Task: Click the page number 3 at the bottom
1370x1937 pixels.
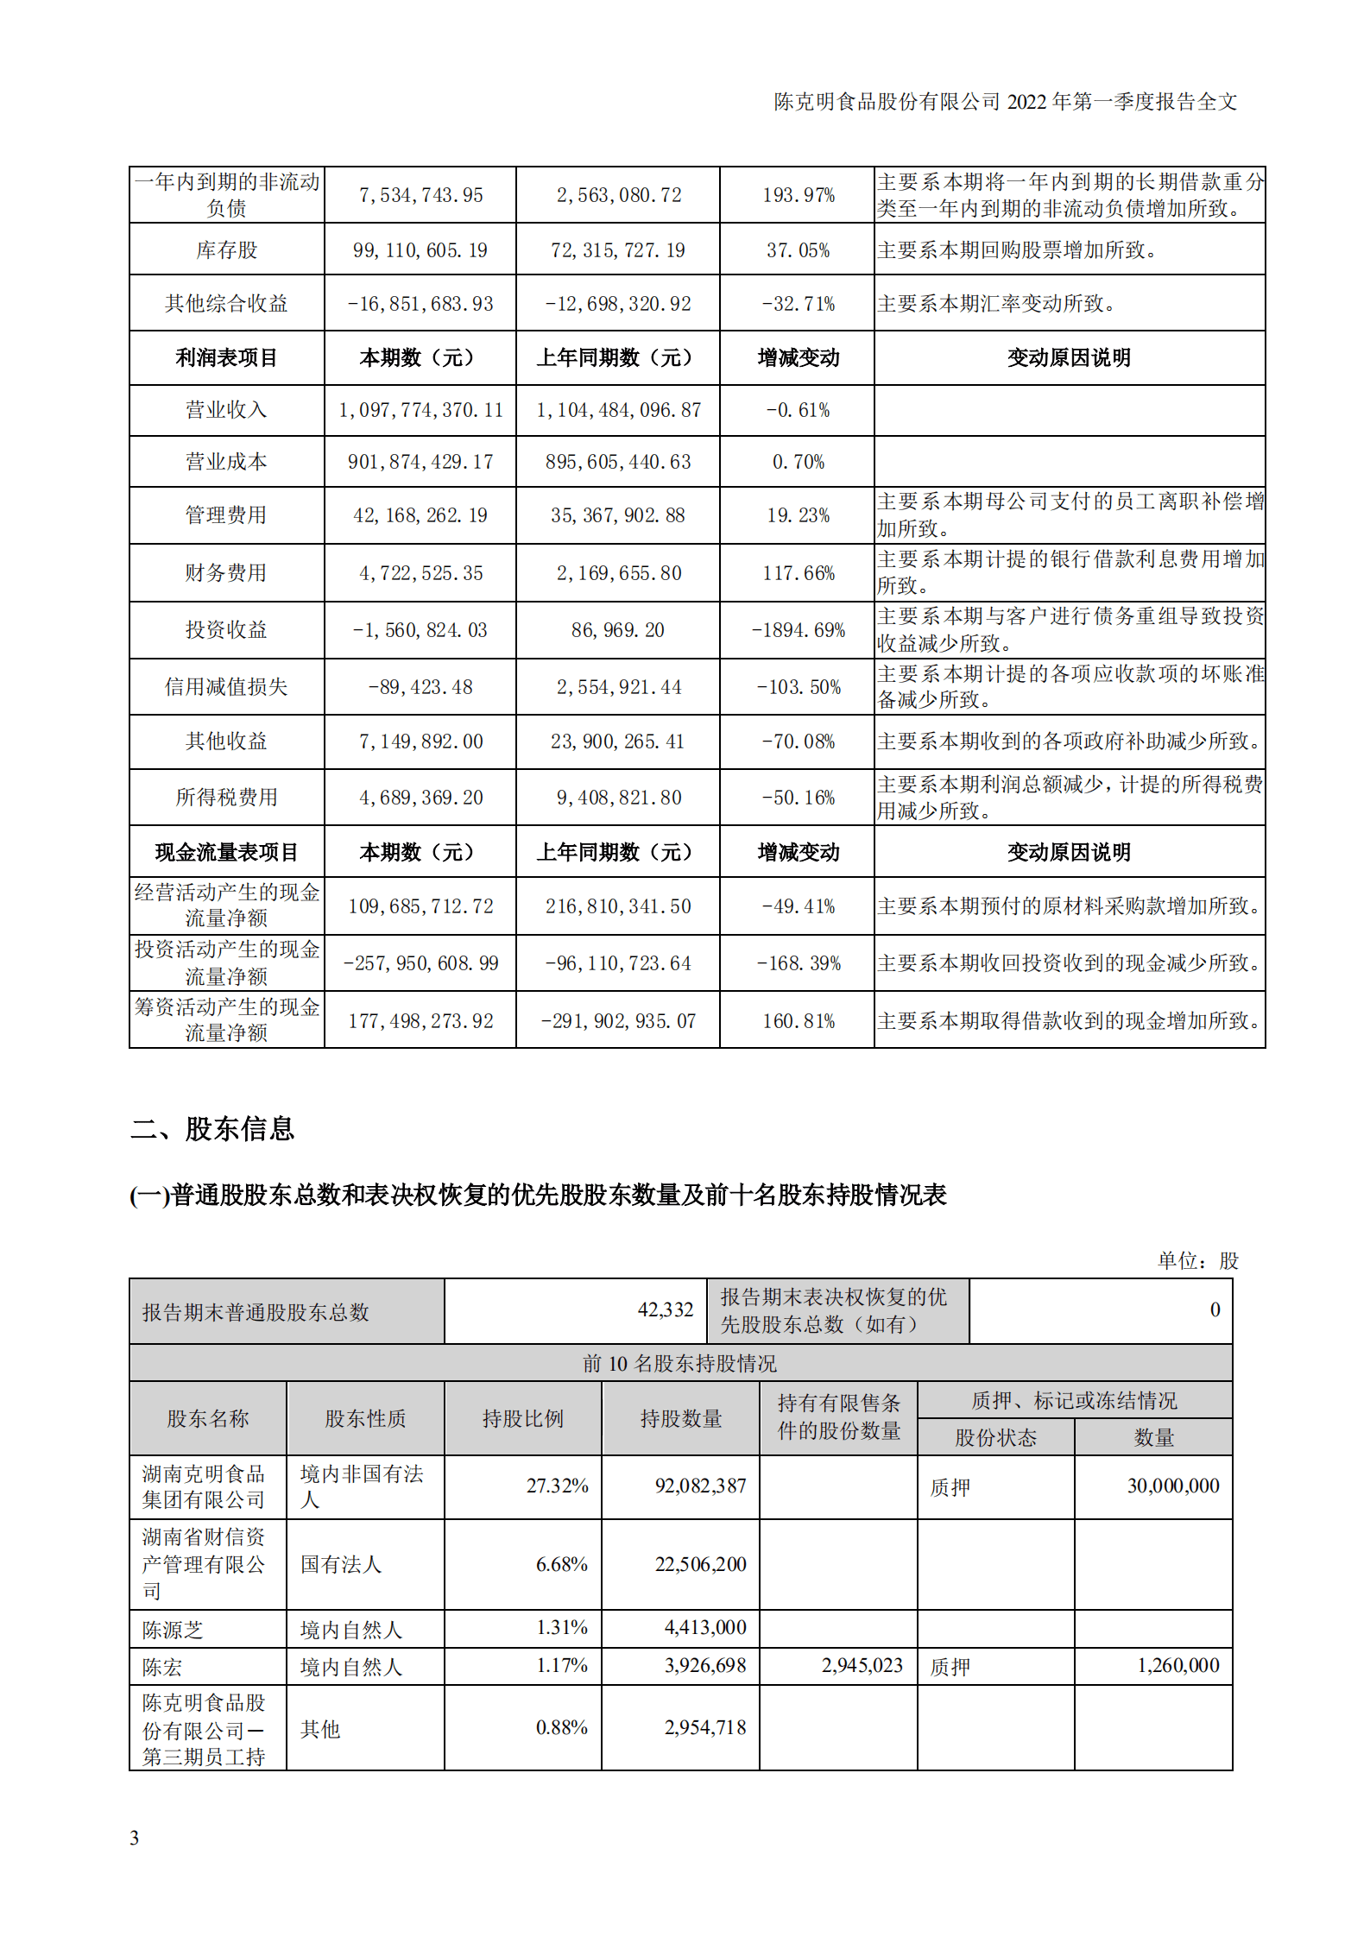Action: coord(135,1838)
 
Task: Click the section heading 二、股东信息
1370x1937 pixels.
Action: coord(212,1128)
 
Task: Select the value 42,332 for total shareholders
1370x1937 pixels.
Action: coord(665,1310)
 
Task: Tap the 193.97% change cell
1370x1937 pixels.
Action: coord(798,195)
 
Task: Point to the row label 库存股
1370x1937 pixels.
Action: coord(226,250)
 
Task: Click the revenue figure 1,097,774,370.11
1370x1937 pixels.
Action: coord(420,410)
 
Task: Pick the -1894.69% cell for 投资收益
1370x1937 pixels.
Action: coord(798,630)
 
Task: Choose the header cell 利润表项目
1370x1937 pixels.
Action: coord(226,357)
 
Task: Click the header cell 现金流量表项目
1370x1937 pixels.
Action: coord(226,852)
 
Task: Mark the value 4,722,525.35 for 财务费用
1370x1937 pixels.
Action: coord(420,573)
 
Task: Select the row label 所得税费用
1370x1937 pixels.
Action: coord(226,797)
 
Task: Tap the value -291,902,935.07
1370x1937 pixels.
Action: coord(617,1021)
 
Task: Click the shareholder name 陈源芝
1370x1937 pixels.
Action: coord(173,1630)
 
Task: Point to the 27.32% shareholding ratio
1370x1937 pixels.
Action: coord(557,1486)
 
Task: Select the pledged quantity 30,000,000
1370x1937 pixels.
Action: coord(1172,1486)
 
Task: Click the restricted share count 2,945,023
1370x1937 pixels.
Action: coord(862,1665)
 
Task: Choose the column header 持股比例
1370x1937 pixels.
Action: coord(522,1418)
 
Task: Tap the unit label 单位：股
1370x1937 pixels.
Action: coord(1197,1261)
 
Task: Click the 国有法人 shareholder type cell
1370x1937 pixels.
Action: coord(341,1564)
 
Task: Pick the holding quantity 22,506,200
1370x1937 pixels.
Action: coord(700,1564)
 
